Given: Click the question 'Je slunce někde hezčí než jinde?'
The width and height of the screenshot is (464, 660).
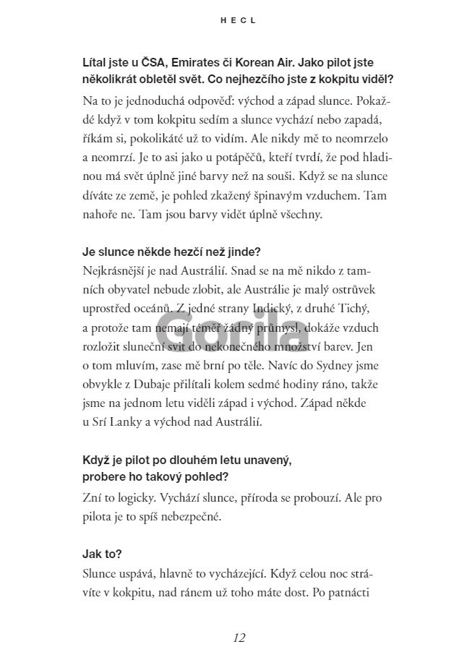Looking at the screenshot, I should [x=172, y=252].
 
